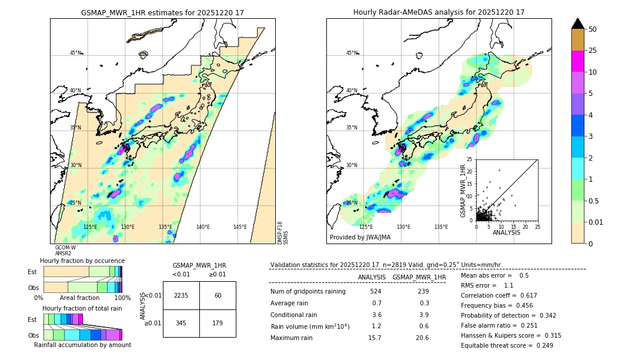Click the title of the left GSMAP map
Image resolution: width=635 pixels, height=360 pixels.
pyautogui.click(x=162, y=12)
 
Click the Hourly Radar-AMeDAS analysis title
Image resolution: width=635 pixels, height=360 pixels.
pyautogui.click(x=439, y=12)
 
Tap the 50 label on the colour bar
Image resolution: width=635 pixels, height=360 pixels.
pyautogui.click(x=593, y=29)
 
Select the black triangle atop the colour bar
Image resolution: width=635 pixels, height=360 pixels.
pyautogui.click(x=578, y=24)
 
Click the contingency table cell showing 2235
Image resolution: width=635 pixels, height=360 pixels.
pyautogui.click(x=181, y=295)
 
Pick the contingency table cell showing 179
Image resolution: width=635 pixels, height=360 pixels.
pyautogui.click(x=218, y=323)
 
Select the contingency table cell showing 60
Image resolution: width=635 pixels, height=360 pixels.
pyautogui.click(x=218, y=295)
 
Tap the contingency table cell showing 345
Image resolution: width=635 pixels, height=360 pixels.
pyautogui.click(x=181, y=323)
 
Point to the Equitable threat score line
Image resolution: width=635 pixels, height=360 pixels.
pyautogui.click(x=507, y=345)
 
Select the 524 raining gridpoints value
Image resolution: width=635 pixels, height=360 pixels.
pyautogui.click(x=375, y=292)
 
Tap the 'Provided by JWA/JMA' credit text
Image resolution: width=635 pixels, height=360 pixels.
pyautogui.click(x=360, y=238)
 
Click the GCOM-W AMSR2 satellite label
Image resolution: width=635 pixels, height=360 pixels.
pyautogui.click(x=65, y=251)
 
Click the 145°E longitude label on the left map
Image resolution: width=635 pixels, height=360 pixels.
pyautogui.click(x=240, y=227)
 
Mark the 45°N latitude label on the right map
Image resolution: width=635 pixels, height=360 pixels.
pyautogui.click(x=352, y=53)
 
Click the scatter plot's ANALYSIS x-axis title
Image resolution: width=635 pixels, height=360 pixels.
pyautogui.click(x=506, y=232)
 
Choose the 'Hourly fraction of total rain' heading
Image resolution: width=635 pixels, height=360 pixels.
pyautogui.click(x=82, y=308)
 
